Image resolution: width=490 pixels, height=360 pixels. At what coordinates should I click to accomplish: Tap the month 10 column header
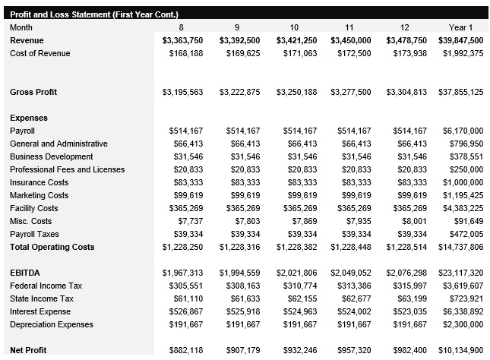tap(294, 27)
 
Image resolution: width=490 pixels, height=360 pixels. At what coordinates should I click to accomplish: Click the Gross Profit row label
tap(34, 92)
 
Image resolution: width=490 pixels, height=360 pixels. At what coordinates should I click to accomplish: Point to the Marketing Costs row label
tap(39, 195)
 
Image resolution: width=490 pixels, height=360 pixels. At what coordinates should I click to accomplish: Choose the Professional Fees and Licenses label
tap(67, 169)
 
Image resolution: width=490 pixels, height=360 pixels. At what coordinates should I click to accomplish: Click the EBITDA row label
tap(25, 273)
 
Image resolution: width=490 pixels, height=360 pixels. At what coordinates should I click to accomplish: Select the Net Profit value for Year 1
tap(460, 350)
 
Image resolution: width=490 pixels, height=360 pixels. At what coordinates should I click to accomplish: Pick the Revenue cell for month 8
tap(182, 40)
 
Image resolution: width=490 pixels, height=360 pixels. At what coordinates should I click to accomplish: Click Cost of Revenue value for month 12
tap(410, 53)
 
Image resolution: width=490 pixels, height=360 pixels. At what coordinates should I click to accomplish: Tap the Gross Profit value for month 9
tap(239, 92)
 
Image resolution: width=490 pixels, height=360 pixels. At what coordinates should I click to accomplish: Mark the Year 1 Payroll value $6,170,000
tap(463, 131)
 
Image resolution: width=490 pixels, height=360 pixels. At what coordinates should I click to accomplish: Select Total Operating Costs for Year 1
tap(460, 247)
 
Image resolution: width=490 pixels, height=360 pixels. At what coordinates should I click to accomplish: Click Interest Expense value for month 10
tap(299, 311)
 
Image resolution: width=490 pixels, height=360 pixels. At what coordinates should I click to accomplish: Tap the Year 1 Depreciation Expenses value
tap(463, 324)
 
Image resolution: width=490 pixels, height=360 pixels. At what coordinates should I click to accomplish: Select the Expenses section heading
tap(29, 118)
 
